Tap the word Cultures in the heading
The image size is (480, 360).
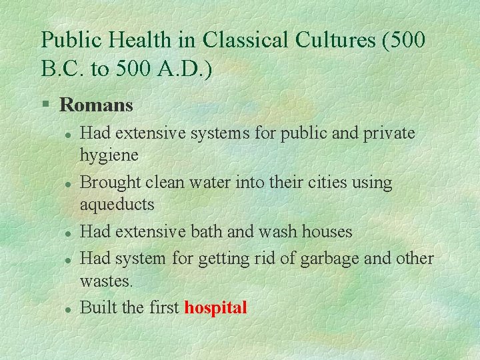333,40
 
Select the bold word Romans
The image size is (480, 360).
96,105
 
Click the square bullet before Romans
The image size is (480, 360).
45,105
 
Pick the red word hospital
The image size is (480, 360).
215,308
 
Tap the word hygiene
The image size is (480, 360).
109,156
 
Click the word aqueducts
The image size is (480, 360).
117,205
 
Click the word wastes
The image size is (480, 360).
106,281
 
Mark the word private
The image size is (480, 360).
389,133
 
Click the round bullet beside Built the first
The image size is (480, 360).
68,309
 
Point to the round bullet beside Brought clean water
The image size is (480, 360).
68,183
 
